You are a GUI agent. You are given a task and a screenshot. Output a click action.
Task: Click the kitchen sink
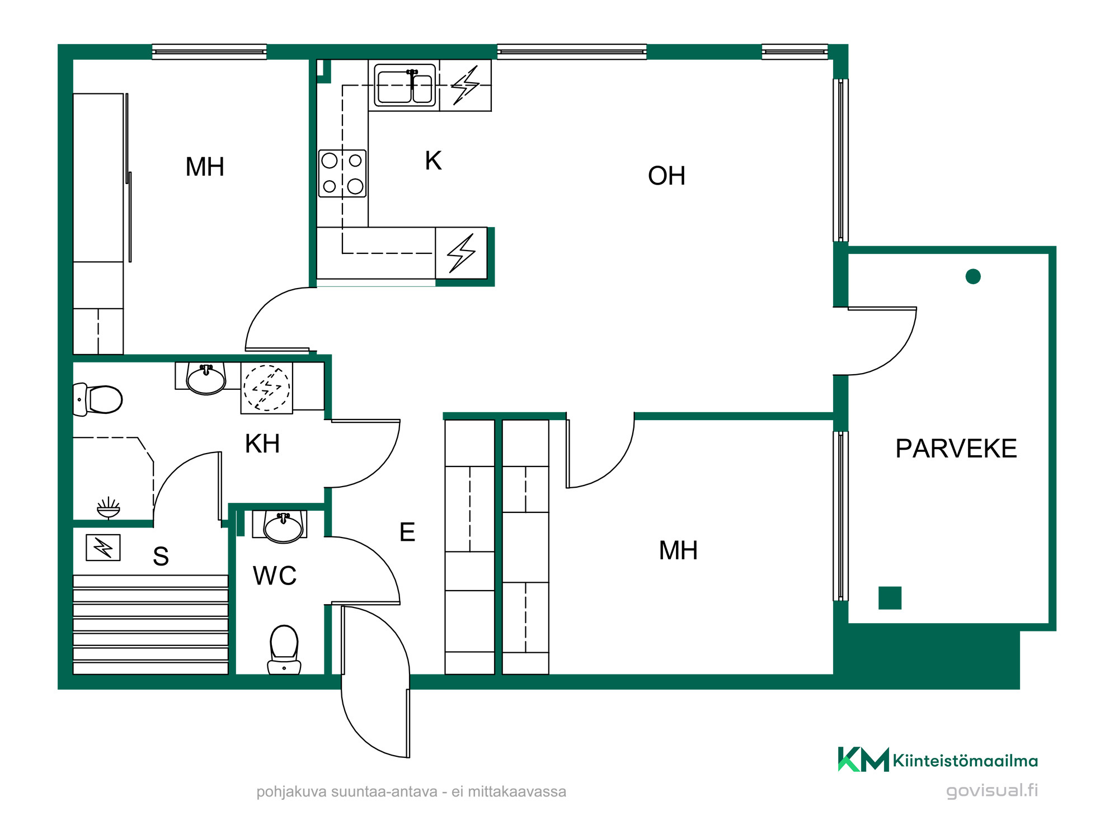[x=405, y=85]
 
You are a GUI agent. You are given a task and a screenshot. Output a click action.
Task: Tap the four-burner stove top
[x=342, y=173]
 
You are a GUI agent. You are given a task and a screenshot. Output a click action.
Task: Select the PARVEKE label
[x=956, y=449]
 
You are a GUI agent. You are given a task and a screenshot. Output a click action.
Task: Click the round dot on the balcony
[x=973, y=276]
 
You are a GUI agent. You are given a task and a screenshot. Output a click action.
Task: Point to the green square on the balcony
[x=890, y=598]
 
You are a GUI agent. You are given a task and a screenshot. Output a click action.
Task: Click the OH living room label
[x=666, y=176]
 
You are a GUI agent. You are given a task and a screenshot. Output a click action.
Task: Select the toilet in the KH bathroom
[x=98, y=399]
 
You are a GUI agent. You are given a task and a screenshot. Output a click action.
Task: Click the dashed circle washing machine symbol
[x=267, y=388]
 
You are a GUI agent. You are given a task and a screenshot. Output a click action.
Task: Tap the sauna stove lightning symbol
[x=103, y=548]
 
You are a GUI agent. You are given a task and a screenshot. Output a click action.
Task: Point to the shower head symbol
[x=109, y=507]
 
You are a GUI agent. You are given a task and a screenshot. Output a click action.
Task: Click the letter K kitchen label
[x=433, y=161]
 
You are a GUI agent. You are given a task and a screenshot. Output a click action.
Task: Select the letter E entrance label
[x=407, y=532]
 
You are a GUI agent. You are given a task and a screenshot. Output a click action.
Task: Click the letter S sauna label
[x=161, y=557]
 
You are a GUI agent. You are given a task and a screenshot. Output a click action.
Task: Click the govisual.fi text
[x=992, y=790]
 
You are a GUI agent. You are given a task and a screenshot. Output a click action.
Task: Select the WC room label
[x=275, y=576]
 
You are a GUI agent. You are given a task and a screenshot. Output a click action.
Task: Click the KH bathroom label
[x=262, y=444]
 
